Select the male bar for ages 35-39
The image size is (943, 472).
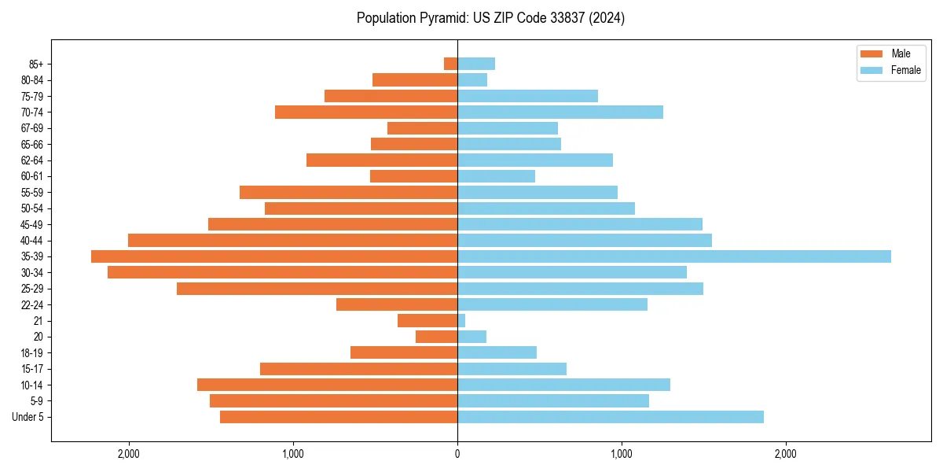[274, 256]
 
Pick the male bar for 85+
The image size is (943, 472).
[450, 64]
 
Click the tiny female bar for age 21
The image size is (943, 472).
[461, 321]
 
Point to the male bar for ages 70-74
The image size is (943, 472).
[366, 112]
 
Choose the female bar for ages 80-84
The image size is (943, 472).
[472, 80]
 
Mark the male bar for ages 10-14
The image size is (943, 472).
[327, 385]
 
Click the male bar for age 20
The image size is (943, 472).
[436, 337]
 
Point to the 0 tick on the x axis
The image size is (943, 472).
[457, 454]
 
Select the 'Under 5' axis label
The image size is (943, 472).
[28, 417]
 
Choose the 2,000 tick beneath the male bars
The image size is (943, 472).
[128, 454]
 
